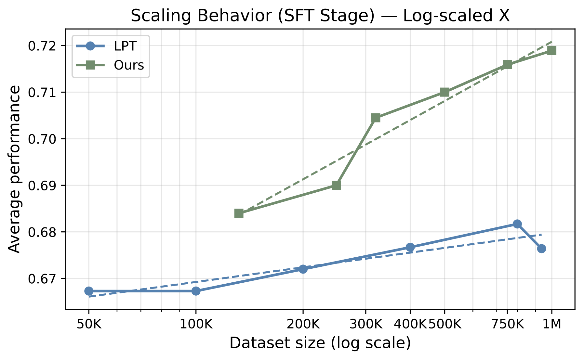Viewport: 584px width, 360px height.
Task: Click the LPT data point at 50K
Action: [89, 291]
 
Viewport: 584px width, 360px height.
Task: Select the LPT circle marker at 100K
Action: [196, 291]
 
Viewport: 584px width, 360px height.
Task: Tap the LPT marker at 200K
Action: [303, 269]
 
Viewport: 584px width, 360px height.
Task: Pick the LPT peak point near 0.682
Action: [517, 224]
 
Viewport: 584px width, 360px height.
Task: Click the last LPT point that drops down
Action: [541, 249]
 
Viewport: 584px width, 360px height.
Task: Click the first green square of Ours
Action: [239, 213]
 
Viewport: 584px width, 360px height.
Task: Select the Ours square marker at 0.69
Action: [336, 185]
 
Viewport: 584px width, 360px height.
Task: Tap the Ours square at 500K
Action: [445, 92]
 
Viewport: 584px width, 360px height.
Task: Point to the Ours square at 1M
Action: [551, 51]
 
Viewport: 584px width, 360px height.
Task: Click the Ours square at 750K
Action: [507, 65]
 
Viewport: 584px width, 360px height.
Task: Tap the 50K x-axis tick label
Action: [89, 324]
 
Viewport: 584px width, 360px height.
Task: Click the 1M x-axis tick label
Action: [552, 324]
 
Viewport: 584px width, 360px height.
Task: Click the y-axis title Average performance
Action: [14, 169]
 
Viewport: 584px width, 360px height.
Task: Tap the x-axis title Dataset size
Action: [320, 343]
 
